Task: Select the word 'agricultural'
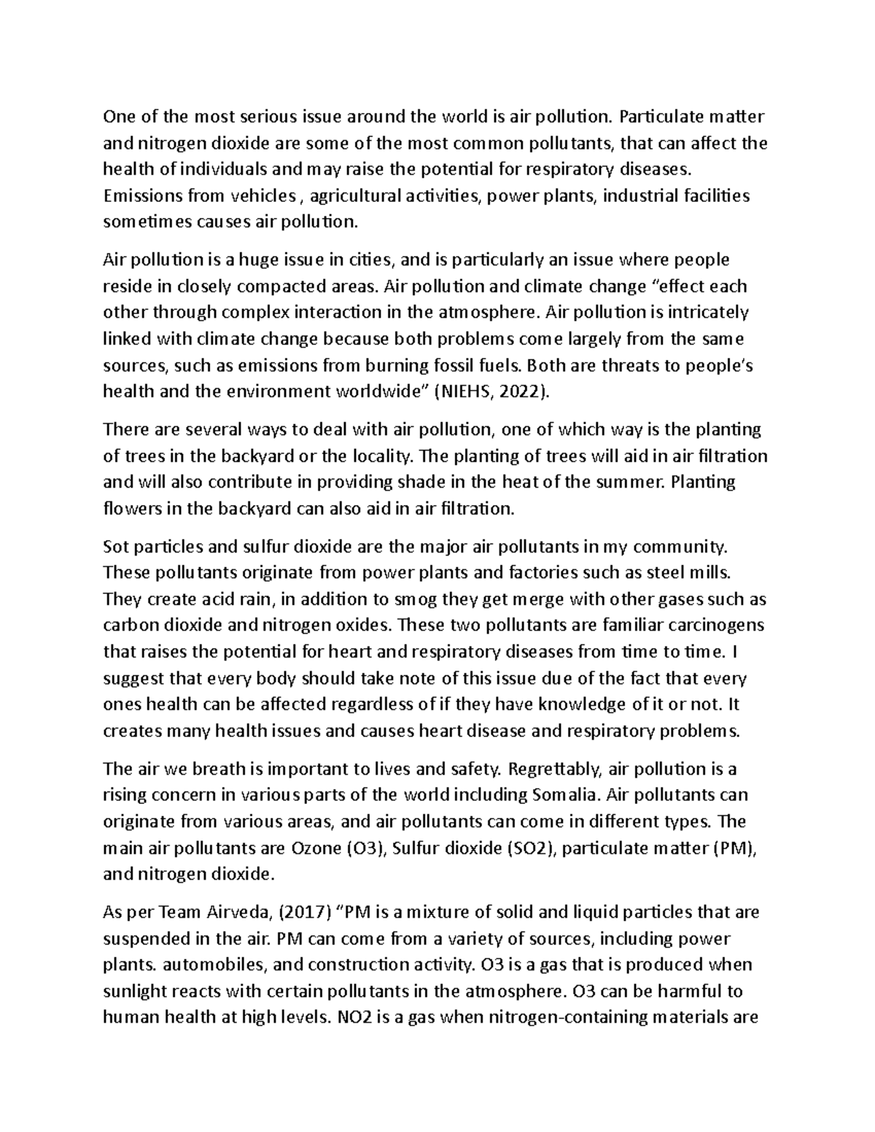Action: pos(348,195)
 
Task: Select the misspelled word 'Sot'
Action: pos(115,547)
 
